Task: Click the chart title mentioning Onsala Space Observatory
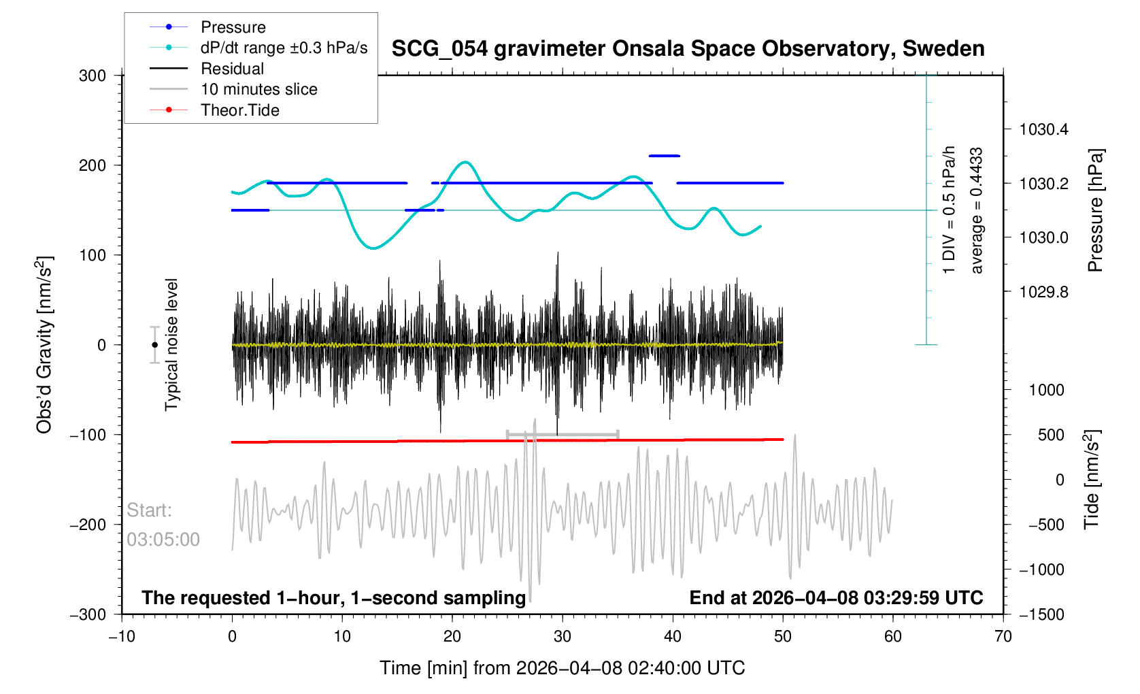click(688, 49)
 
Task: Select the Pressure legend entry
click(233, 27)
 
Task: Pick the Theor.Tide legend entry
click(239, 110)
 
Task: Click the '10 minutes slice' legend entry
click(258, 89)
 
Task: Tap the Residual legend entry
click(232, 69)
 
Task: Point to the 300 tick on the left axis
click(93, 76)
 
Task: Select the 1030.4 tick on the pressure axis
click(1043, 129)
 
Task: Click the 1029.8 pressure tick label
click(1043, 292)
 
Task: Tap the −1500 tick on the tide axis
click(1041, 614)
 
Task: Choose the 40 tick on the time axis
click(673, 637)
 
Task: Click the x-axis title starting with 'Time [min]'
click(562, 668)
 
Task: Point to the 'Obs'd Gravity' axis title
click(44, 345)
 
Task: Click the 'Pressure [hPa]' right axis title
click(1094, 210)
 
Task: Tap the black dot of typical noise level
click(154, 345)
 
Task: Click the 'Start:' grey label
click(149, 510)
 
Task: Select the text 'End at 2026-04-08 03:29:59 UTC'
click(836, 598)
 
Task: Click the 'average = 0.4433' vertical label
click(977, 210)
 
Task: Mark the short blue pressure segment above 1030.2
click(664, 156)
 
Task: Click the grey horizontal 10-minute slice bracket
click(563, 434)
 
